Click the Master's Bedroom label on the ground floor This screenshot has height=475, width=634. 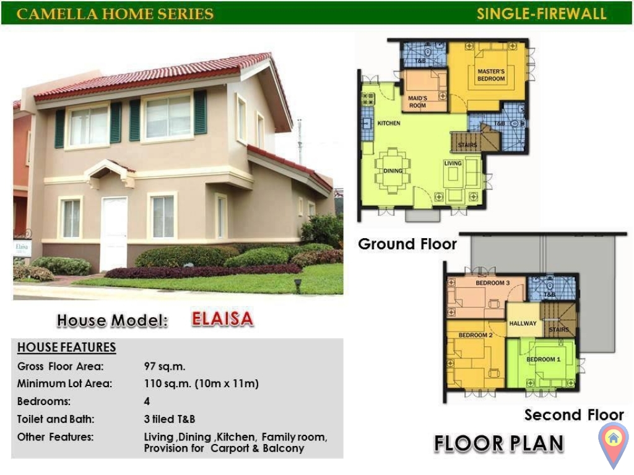[x=491, y=75]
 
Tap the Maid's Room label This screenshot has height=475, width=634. [x=417, y=101]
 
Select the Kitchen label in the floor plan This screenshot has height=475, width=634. [x=389, y=123]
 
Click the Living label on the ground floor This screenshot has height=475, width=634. [x=453, y=163]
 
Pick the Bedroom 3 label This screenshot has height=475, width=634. [x=492, y=283]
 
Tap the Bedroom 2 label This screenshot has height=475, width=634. [x=475, y=335]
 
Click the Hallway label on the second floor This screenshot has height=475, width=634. [x=523, y=323]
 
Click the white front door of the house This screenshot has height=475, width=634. [x=113, y=233]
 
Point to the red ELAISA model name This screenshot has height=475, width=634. [x=222, y=319]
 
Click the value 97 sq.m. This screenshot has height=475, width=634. [x=165, y=366]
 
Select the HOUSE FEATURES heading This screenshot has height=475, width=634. [x=66, y=348]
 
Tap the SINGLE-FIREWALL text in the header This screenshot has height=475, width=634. [x=541, y=14]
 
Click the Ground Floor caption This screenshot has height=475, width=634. [x=407, y=244]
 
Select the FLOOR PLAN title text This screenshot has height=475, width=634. [x=498, y=443]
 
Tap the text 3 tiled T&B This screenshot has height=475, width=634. [x=170, y=419]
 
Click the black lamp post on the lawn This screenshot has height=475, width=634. [x=298, y=285]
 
